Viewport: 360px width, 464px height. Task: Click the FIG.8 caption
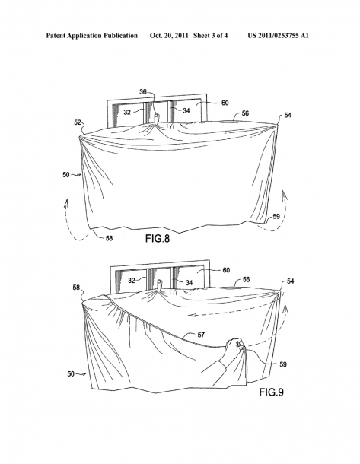click(158, 239)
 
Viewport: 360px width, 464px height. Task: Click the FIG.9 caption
click(271, 392)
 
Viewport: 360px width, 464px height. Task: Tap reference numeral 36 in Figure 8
click(143, 92)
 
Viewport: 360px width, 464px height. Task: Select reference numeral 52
click(78, 122)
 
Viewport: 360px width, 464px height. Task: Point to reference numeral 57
click(201, 335)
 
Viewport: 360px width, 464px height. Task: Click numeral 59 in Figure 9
click(283, 364)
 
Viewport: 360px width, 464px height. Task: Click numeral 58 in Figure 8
click(109, 238)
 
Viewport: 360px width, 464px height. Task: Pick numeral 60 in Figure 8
click(225, 103)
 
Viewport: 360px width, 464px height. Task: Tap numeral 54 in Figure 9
click(290, 281)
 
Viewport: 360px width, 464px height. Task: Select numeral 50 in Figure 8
click(65, 175)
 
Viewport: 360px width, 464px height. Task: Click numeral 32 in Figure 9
click(132, 280)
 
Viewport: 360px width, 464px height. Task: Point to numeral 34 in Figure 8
click(186, 110)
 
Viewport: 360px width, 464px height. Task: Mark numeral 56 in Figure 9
click(246, 279)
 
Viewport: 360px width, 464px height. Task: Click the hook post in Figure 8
click(156, 119)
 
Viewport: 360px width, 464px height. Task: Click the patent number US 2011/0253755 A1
click(278, 36)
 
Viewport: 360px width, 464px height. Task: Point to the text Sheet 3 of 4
click(211, 36)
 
